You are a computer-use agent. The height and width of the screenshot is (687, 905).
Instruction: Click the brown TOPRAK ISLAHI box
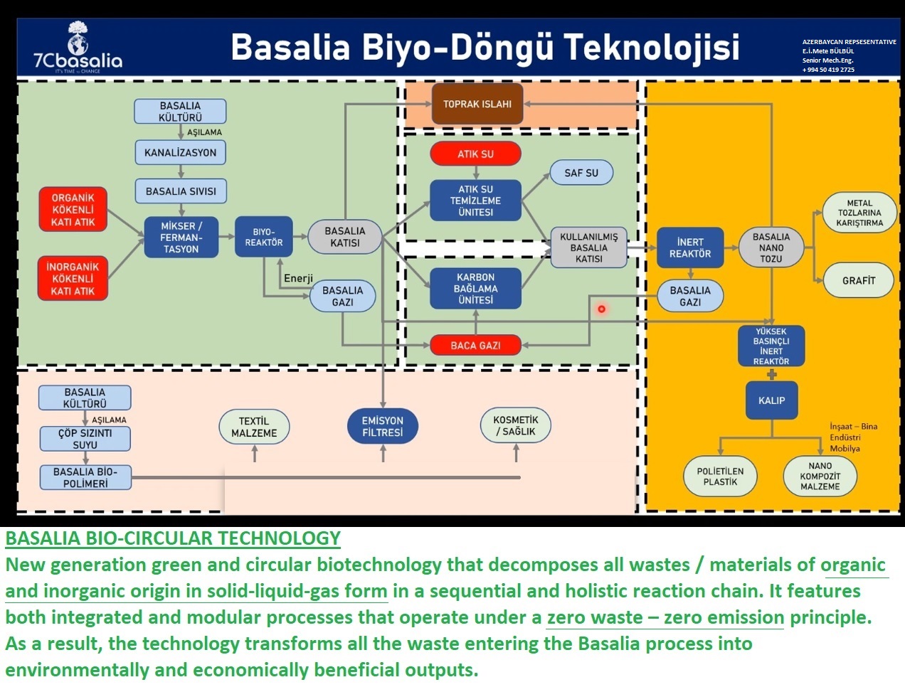[477, 104]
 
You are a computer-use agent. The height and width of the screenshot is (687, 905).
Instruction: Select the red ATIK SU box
[475, 154]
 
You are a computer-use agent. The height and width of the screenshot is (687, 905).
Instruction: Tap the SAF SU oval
[581, 173]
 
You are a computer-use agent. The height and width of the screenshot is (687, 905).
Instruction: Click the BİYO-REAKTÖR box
[263, 237]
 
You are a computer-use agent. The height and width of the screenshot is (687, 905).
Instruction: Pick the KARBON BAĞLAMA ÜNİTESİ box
[475, 288]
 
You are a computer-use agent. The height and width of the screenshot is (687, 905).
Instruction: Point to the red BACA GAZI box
[475, 346]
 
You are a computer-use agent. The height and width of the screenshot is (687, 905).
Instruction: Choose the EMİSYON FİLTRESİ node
[382, 426]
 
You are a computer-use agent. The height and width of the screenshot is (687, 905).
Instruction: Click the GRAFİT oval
[858, 280]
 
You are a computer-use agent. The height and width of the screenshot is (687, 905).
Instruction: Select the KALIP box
[771, 400]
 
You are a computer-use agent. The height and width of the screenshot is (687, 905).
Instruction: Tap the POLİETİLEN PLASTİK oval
[720, 476]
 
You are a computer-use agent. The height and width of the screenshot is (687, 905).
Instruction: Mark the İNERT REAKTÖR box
[689, 247]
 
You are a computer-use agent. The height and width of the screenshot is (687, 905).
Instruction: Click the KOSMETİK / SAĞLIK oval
[515, 425]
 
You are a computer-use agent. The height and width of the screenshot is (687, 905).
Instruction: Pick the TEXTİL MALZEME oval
[254, 427]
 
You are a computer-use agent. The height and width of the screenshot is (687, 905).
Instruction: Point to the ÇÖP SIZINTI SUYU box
[85, 439]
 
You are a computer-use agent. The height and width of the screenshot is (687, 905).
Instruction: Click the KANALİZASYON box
[180, 152]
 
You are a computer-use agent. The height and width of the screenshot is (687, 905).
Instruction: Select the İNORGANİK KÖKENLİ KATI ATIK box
[73, 279]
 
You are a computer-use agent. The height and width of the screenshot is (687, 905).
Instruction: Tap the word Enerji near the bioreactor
[298, 278]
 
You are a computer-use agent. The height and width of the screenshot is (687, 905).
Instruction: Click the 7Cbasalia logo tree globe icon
[78, 38]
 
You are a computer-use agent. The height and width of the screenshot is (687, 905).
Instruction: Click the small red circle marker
[601, 309]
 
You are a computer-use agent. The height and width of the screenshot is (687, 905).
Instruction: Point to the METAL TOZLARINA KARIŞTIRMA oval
[859, 213]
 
